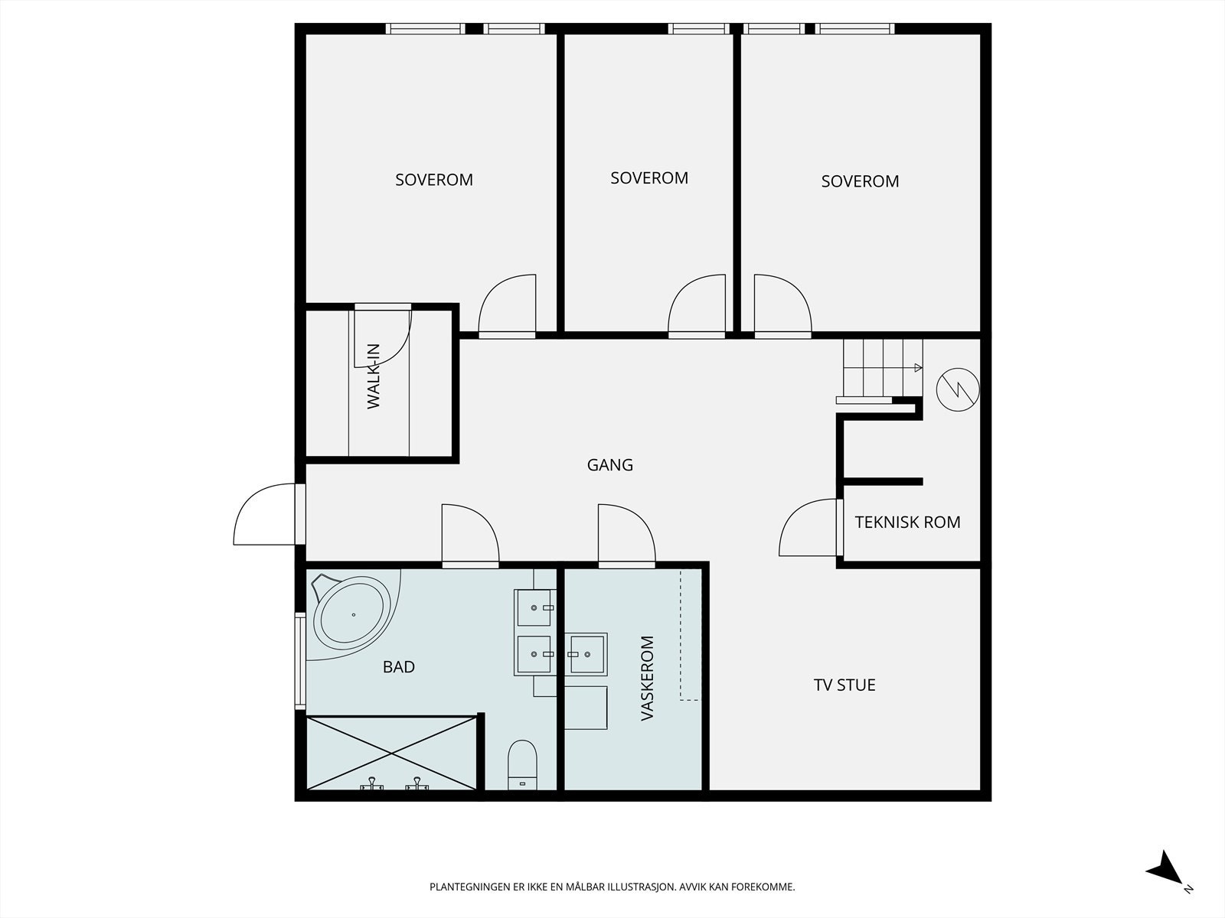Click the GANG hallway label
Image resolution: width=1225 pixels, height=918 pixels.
(x=610, y=465)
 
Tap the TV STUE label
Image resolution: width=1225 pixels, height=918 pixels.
(x=844, y=685)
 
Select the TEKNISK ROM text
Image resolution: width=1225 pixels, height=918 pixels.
(x=907, y=522)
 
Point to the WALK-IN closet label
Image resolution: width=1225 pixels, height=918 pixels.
(x=374, y=376)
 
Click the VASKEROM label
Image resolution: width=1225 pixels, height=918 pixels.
(x=647, y=679)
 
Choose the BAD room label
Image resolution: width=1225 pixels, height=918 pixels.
(x=398, y=666)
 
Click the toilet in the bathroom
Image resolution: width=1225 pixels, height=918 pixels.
(x=522, y=765)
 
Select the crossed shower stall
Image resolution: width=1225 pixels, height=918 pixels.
(x=391, y=753)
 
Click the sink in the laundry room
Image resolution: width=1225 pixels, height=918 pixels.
(x=586, y=654)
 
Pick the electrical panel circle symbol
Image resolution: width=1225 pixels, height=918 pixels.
(x=958, y=389)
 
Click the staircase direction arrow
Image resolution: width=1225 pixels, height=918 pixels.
(x=918, y=368)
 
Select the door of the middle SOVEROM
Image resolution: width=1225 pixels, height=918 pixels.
(x=697, y=306)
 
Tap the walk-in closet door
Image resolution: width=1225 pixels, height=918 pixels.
(x=383, y=334)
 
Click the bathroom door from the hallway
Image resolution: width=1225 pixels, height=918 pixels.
(x=470, y=535)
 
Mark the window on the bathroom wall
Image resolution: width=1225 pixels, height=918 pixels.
(x=300, y=662)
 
